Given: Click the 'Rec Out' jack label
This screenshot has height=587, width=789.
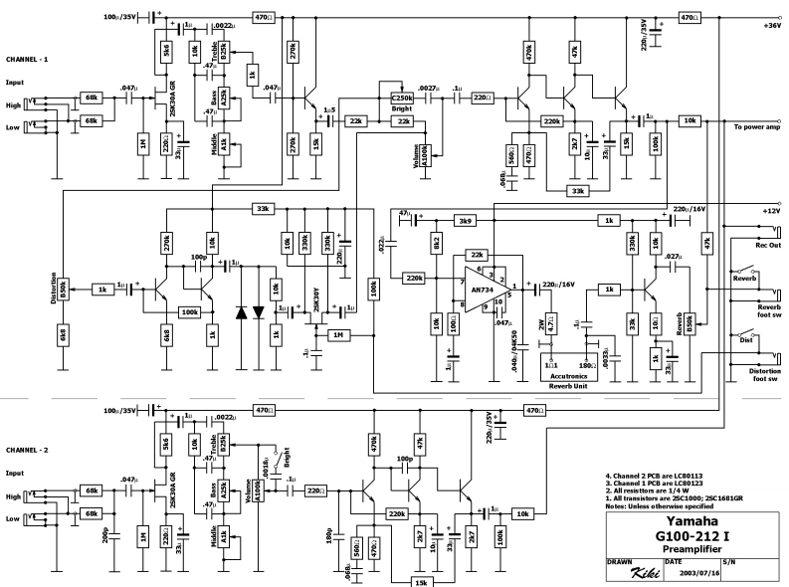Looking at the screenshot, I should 768,245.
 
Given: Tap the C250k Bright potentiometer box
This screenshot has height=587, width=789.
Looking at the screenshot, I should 402,98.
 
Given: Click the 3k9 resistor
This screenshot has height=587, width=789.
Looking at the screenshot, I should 464,220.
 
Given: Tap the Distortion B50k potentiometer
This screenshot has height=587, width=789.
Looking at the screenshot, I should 64,288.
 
